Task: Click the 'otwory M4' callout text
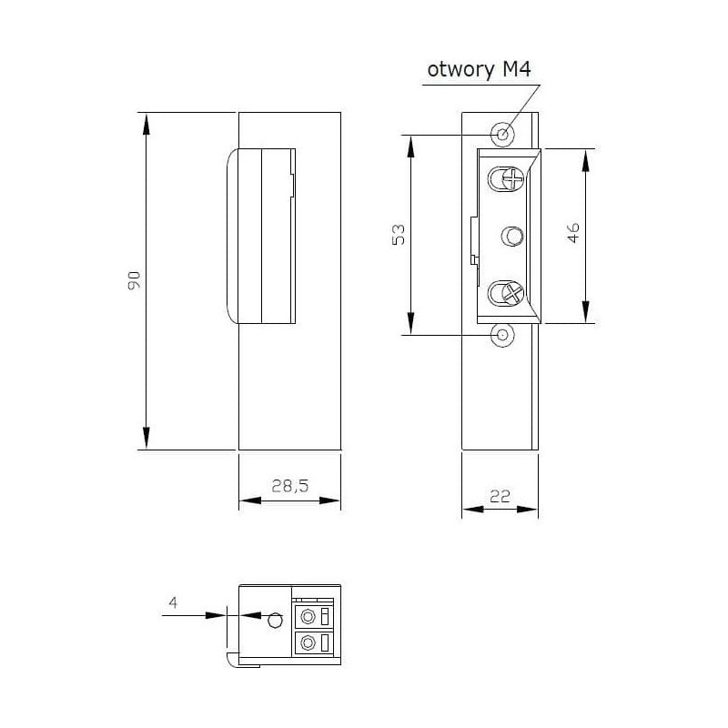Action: point(479,70)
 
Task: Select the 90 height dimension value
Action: point(134,280)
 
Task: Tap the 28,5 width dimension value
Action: point(289,486)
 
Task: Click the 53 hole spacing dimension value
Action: point(399,235)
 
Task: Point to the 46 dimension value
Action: point(573,233)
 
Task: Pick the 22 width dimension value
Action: point(500,496)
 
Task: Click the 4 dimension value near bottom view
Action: point(173,602)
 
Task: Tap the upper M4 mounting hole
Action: point(502,135)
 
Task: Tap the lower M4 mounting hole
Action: point(502,335)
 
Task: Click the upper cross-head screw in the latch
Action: point(513,178)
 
